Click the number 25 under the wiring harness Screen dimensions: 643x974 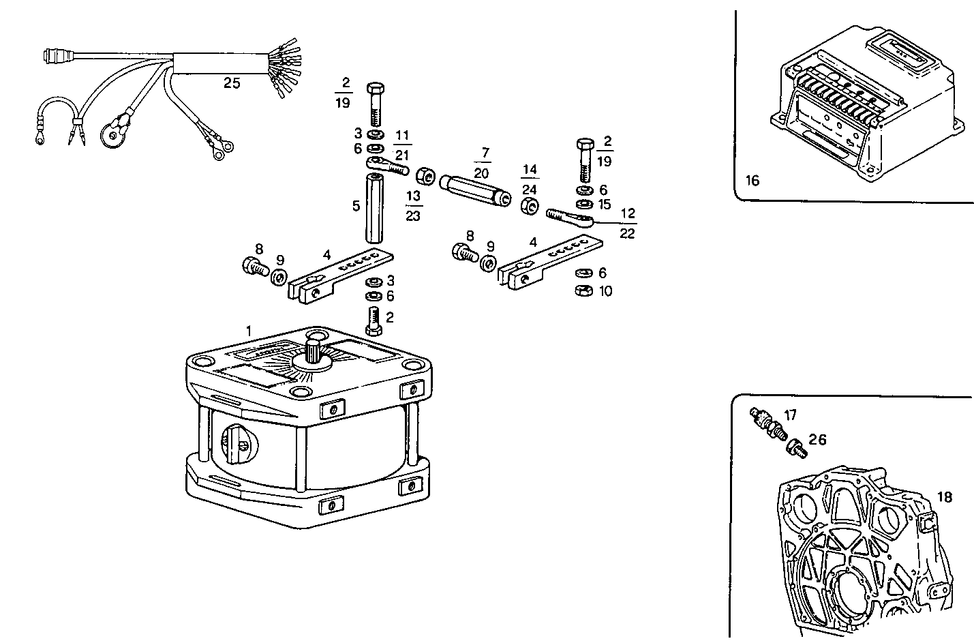click(232, 83)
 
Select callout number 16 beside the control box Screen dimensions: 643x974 click(752, 181)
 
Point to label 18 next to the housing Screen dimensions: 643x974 click(944, 497)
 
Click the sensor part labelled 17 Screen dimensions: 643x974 click(767, 423)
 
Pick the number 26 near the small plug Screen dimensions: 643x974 click(817, 440)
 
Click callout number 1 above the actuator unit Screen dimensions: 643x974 click(249, 331)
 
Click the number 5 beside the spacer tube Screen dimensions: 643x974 click(356, 206)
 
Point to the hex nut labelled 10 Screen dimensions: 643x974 click(583, 291)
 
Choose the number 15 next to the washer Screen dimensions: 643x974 click(604, 205)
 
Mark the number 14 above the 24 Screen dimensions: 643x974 click(530, 170)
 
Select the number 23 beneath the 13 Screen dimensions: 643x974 click(413, 215)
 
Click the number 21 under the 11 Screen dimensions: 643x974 click(402, 155)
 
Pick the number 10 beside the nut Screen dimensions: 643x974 click(605, 291)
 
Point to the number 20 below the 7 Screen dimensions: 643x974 click(481, 174)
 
